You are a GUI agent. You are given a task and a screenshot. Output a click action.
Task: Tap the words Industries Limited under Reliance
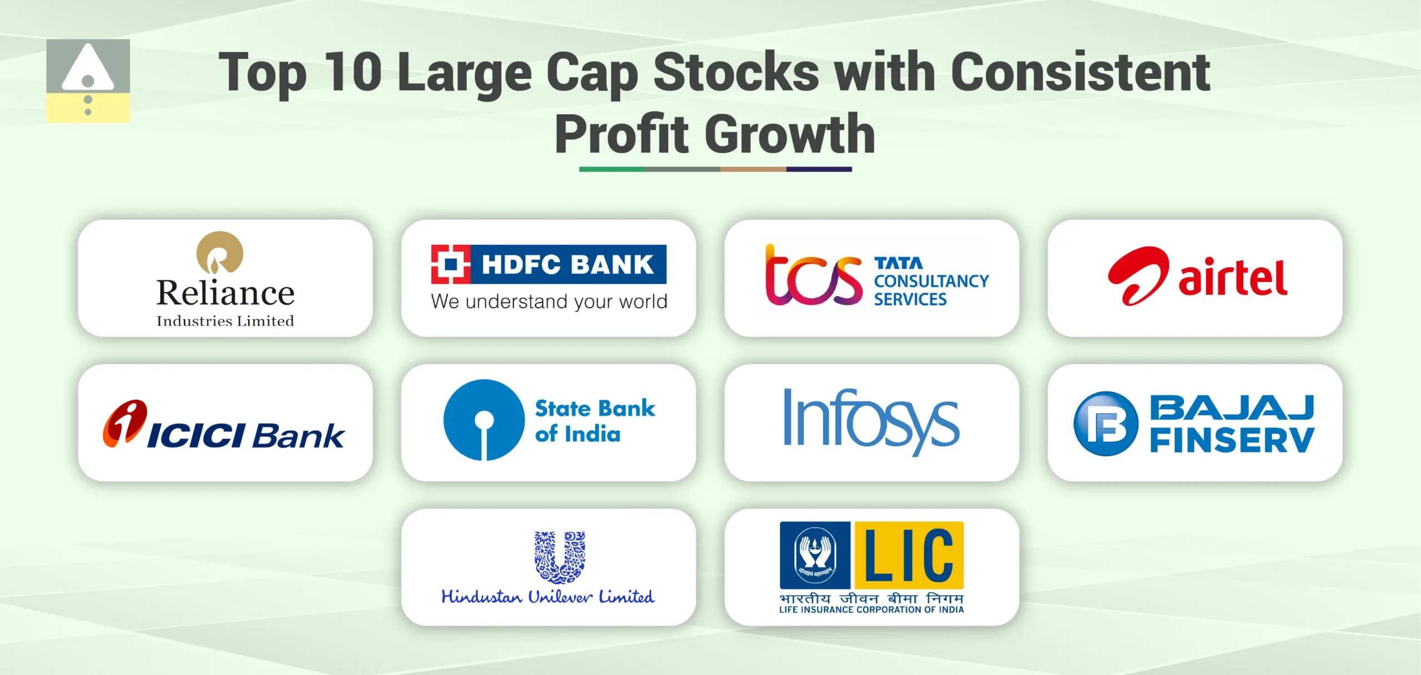coord(225,321)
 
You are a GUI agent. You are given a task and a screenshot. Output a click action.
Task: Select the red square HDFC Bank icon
coord(450,264)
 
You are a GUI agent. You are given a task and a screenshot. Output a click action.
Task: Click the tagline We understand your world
coord(549,301)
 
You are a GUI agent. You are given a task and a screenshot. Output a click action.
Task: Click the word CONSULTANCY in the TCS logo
coord(931,281)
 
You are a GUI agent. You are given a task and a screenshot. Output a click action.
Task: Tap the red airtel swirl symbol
coord(1138,276)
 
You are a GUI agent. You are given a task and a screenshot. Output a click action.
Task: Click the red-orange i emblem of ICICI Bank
coord(125,423)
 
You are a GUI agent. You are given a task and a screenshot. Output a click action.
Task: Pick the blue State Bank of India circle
coord(484,420)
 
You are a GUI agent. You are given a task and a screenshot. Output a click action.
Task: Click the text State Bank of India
coord(594,421)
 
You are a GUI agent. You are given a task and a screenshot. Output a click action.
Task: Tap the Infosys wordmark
coord(871,420)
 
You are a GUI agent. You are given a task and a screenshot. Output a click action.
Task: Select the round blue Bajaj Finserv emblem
coord(1106,424)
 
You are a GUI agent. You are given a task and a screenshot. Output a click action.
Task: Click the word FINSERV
coord(1232,441)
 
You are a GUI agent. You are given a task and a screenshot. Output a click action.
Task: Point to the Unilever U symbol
coord(560,557)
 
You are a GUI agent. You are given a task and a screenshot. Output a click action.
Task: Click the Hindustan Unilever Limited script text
coord(548,597)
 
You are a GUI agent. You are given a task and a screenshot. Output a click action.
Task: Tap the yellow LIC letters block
coord(909,555)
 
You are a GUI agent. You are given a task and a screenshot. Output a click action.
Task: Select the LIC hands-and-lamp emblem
coord(814,555)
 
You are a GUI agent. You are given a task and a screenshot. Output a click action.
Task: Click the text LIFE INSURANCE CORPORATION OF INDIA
coord(871,609)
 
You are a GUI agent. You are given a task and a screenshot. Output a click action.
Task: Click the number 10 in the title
coord(352,72)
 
